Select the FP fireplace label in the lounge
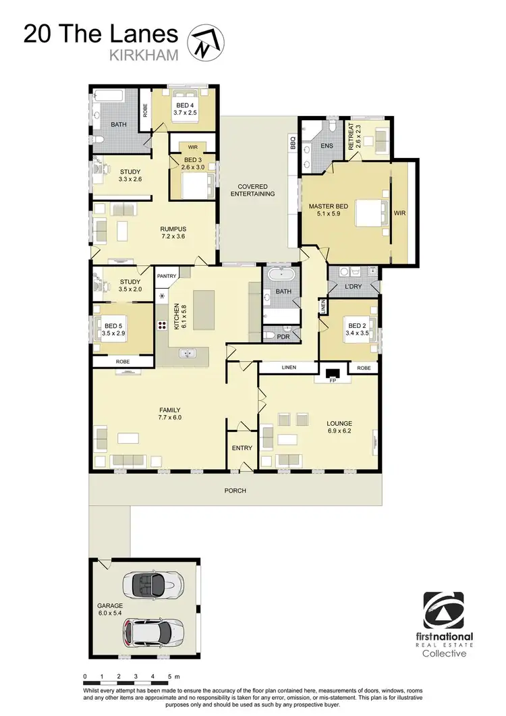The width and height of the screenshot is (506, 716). tap(333, 380)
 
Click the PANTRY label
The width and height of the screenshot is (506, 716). tap(166, 275)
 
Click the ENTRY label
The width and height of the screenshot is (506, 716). tap(242, 448)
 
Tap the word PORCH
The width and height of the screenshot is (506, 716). tap(235, 491)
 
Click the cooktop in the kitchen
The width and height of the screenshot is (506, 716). tap(163, 325)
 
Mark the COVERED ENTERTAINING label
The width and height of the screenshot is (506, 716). tap(252, 190)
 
